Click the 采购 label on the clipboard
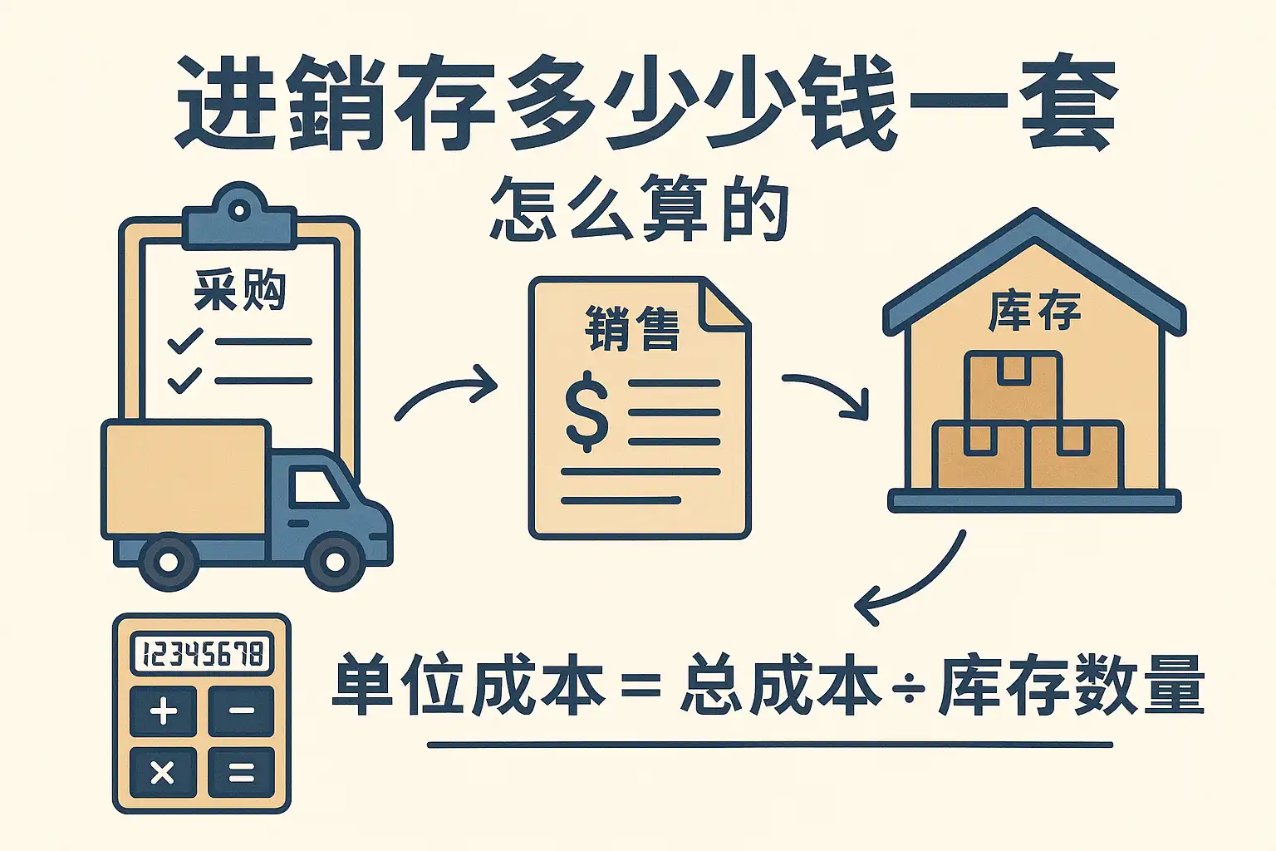tap(240, 291)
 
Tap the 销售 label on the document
tap(632, 328)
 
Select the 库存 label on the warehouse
tap(1034, 312)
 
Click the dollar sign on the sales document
tap(586, 411)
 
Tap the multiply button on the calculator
tap(164, 774)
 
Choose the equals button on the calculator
tap(241, 774)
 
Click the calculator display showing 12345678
tap(202, 653)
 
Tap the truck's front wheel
tap(335, 562)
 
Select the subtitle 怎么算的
tap(640, 209)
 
